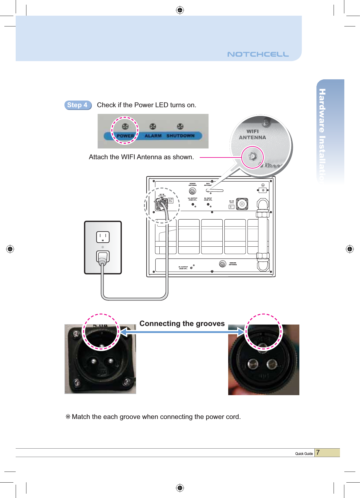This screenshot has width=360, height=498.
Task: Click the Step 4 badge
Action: tap(78, 105)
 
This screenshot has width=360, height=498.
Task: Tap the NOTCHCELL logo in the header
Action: tap(258, 54)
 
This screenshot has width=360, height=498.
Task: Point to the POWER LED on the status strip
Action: tap(125, 127)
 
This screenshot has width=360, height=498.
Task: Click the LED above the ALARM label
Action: tap(153, 127)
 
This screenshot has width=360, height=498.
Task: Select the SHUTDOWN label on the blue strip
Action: tap(180, 136)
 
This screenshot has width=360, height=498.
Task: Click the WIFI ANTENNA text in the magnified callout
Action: tap(252, 135)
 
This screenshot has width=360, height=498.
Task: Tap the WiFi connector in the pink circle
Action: tap(253, 157)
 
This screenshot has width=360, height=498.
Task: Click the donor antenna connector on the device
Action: tap(192, 191)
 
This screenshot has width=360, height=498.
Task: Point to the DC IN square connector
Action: tap(242, 204)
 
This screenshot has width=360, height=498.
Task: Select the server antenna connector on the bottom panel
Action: tap(223, 264)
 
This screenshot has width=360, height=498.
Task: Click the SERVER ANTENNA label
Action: tap(233, 264)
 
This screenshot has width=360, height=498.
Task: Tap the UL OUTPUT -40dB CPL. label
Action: tap(192, 199)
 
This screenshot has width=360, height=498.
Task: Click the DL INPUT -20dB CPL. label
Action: tap(208, 199)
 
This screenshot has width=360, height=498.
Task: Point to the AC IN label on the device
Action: tap(162, 194)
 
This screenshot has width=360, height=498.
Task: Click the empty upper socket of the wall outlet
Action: tap(103, 237)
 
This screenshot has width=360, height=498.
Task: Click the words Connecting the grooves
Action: tap(182, 323)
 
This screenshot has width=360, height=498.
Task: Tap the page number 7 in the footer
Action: tap(318, 452)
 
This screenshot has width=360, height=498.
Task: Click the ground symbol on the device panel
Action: tap(263, 185)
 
